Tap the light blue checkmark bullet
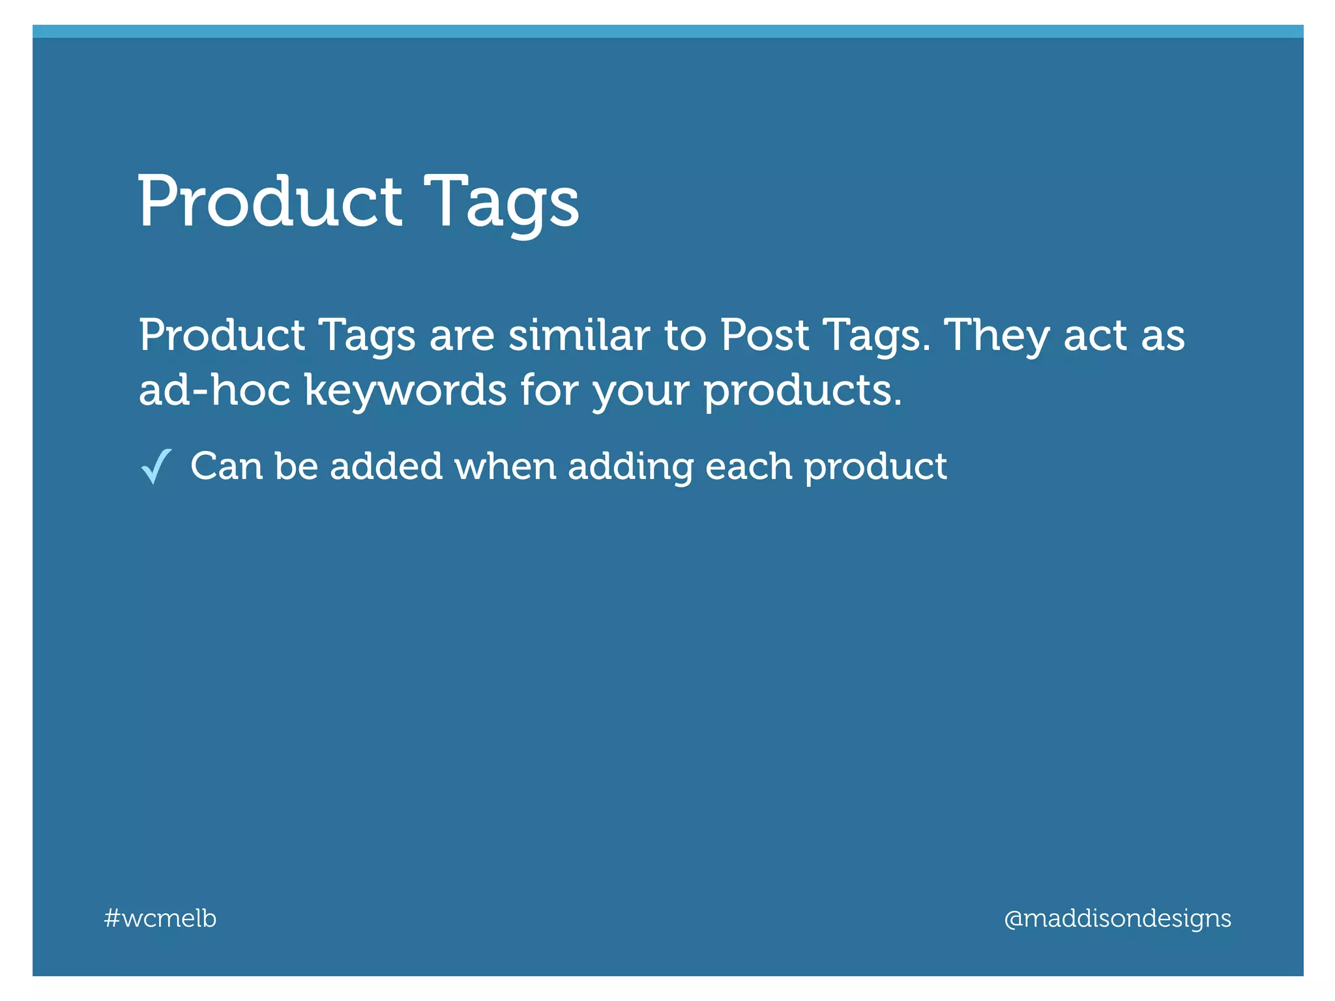point(156,466)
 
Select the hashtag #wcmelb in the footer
point(160,918)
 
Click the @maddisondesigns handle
point(1117,918)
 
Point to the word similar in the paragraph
point(579,335)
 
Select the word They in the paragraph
point(997,336)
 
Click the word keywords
point(405,391)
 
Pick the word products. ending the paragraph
point(803,391)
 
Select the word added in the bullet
point(387,466)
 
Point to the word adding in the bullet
point(630,467)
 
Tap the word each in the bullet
point(748,466)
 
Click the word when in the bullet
point(505,466)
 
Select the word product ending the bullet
point(875,467)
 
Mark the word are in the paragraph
point(462,336)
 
